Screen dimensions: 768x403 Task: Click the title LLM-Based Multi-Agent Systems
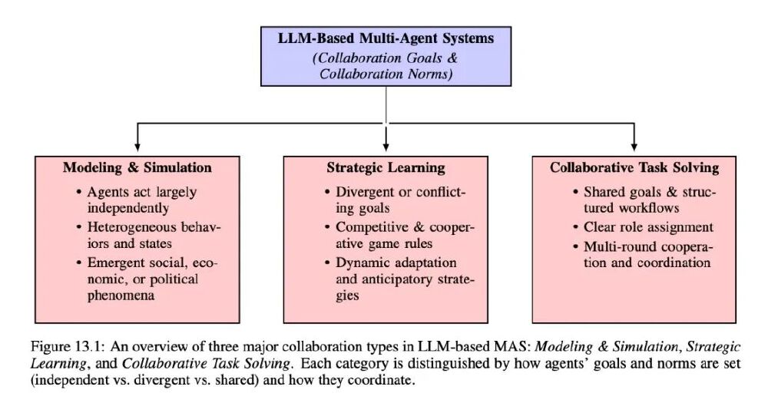[386, 38]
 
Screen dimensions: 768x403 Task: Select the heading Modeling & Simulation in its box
[137, 167]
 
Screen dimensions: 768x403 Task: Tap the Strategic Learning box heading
[386, 168]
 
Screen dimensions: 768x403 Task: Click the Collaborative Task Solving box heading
[634, 168]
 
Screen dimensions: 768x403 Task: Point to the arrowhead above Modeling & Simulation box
[137, 147]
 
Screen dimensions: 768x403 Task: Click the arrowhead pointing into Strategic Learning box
[386, 147]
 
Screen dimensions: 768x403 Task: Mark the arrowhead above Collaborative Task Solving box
[634, 147]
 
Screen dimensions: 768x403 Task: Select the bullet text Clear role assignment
[648, 228]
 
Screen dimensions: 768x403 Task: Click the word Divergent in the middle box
[365, 193]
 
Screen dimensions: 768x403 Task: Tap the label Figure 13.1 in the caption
[67, 347]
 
